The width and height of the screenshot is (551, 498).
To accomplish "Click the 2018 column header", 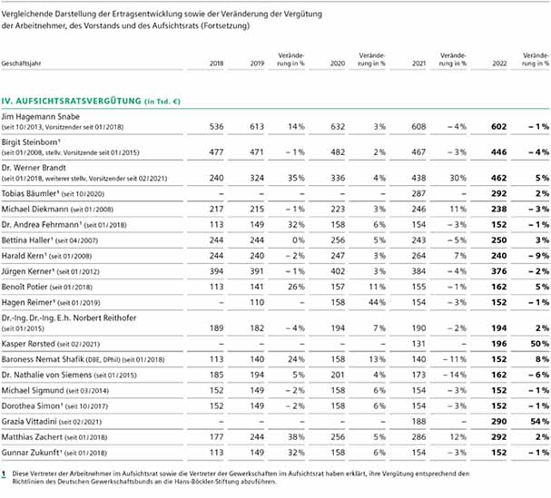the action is tap(216, 63).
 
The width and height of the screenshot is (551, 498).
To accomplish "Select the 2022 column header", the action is tap(499, 63).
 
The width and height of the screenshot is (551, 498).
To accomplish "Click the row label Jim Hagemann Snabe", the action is tap(41, 117).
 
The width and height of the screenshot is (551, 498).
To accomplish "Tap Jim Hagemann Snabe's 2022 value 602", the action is tap(499, 126).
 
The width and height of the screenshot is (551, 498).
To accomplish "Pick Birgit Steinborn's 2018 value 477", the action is tap(216, 152).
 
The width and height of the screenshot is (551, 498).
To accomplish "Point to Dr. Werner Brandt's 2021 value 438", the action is tap(418, 178).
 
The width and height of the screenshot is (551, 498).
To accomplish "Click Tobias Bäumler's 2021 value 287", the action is tap(418, 193).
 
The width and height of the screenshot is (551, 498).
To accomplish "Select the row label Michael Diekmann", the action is tap(34, 210).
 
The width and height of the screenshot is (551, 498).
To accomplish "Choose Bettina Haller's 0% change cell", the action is tap(299, 240).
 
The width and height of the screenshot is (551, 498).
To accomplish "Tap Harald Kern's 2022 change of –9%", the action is tap(539, 256).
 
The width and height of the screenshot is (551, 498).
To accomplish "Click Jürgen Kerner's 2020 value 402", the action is tap(338, 271).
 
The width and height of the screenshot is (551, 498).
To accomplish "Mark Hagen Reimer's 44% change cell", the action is tap(377, 302).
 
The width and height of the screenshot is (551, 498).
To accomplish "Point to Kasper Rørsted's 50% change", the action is tap(540, 344).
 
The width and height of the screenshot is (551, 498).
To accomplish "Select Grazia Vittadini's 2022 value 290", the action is tap(499, 422).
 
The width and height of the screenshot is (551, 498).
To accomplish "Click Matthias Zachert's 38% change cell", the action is tap(296, 437).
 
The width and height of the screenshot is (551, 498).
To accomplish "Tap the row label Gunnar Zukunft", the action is tap(31, 453).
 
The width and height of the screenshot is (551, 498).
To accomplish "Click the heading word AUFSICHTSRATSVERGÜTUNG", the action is tap(78, 102).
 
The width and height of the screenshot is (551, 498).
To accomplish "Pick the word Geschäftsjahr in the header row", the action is tap(21, 63).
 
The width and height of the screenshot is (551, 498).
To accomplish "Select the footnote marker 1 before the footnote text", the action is tap(4, 474).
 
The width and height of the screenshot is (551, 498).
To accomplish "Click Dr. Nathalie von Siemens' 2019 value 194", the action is tap(257, 375).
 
